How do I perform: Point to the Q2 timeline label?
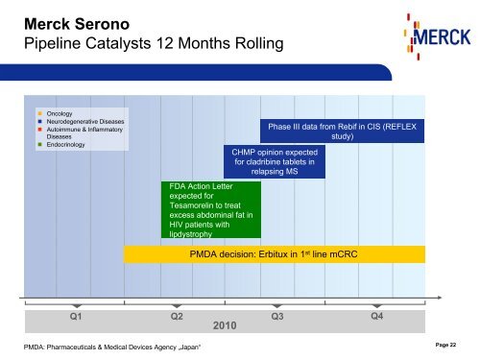177,316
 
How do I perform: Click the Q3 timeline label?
277,316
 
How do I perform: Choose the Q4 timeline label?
377,316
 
